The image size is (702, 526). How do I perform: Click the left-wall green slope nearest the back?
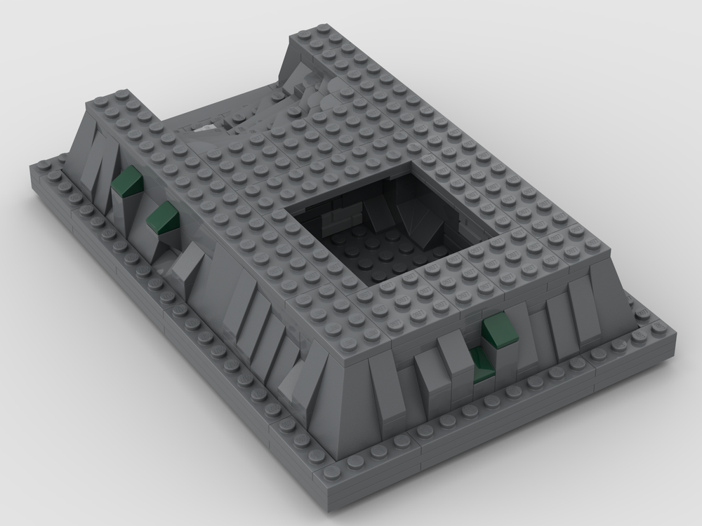(x=127, y=183)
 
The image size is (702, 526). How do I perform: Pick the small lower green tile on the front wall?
(x=482, y=366)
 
